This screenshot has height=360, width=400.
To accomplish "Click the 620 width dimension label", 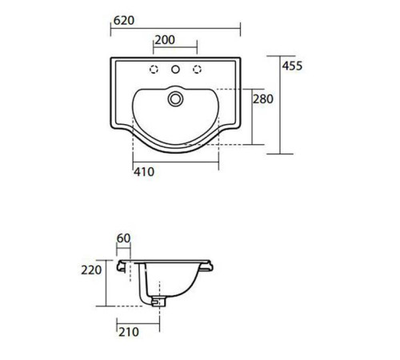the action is pyautogui.click(x=124, y=21).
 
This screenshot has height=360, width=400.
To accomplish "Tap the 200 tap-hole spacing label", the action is pyautogui.click(x=165, y=40).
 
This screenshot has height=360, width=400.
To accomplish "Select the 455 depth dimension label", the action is pyautogui.click(x=293, y=66).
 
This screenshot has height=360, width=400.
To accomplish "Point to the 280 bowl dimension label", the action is pyautogui.click(x=263, y=99).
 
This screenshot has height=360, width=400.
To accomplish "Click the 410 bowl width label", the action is pyautogui.click(x=144, y=172).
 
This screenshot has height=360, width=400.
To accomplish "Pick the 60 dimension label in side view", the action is pyautogui.click(x=124, y=238).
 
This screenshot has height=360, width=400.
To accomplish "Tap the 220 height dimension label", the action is pyautogui.click(x=91, y=270).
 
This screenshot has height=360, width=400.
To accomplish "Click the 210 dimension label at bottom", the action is pyautogui.click(x=129, y=332).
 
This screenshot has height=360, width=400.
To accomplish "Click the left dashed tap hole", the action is pyautogui.click(x=154, y=70).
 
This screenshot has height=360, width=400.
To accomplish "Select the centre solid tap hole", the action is pyautogui.click(x=175, y=70).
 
